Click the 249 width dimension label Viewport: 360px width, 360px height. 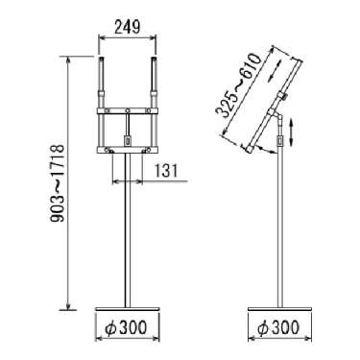(x=127, y=28)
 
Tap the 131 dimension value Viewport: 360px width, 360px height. (x=166, y=171)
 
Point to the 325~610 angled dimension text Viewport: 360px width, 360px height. (x=238, y=85)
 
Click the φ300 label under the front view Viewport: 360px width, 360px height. (x=127, y=327)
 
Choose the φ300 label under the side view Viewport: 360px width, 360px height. (x=278, y=327)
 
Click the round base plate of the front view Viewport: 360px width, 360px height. (x=128, y=309)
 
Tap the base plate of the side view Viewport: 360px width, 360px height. (x=279, y=309)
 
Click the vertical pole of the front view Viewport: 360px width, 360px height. (x=128, y=230)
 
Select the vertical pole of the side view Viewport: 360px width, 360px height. (x=280, y=228)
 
